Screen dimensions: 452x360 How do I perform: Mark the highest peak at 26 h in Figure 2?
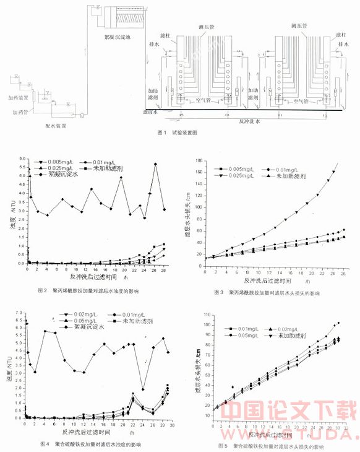[x=155, y=164]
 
